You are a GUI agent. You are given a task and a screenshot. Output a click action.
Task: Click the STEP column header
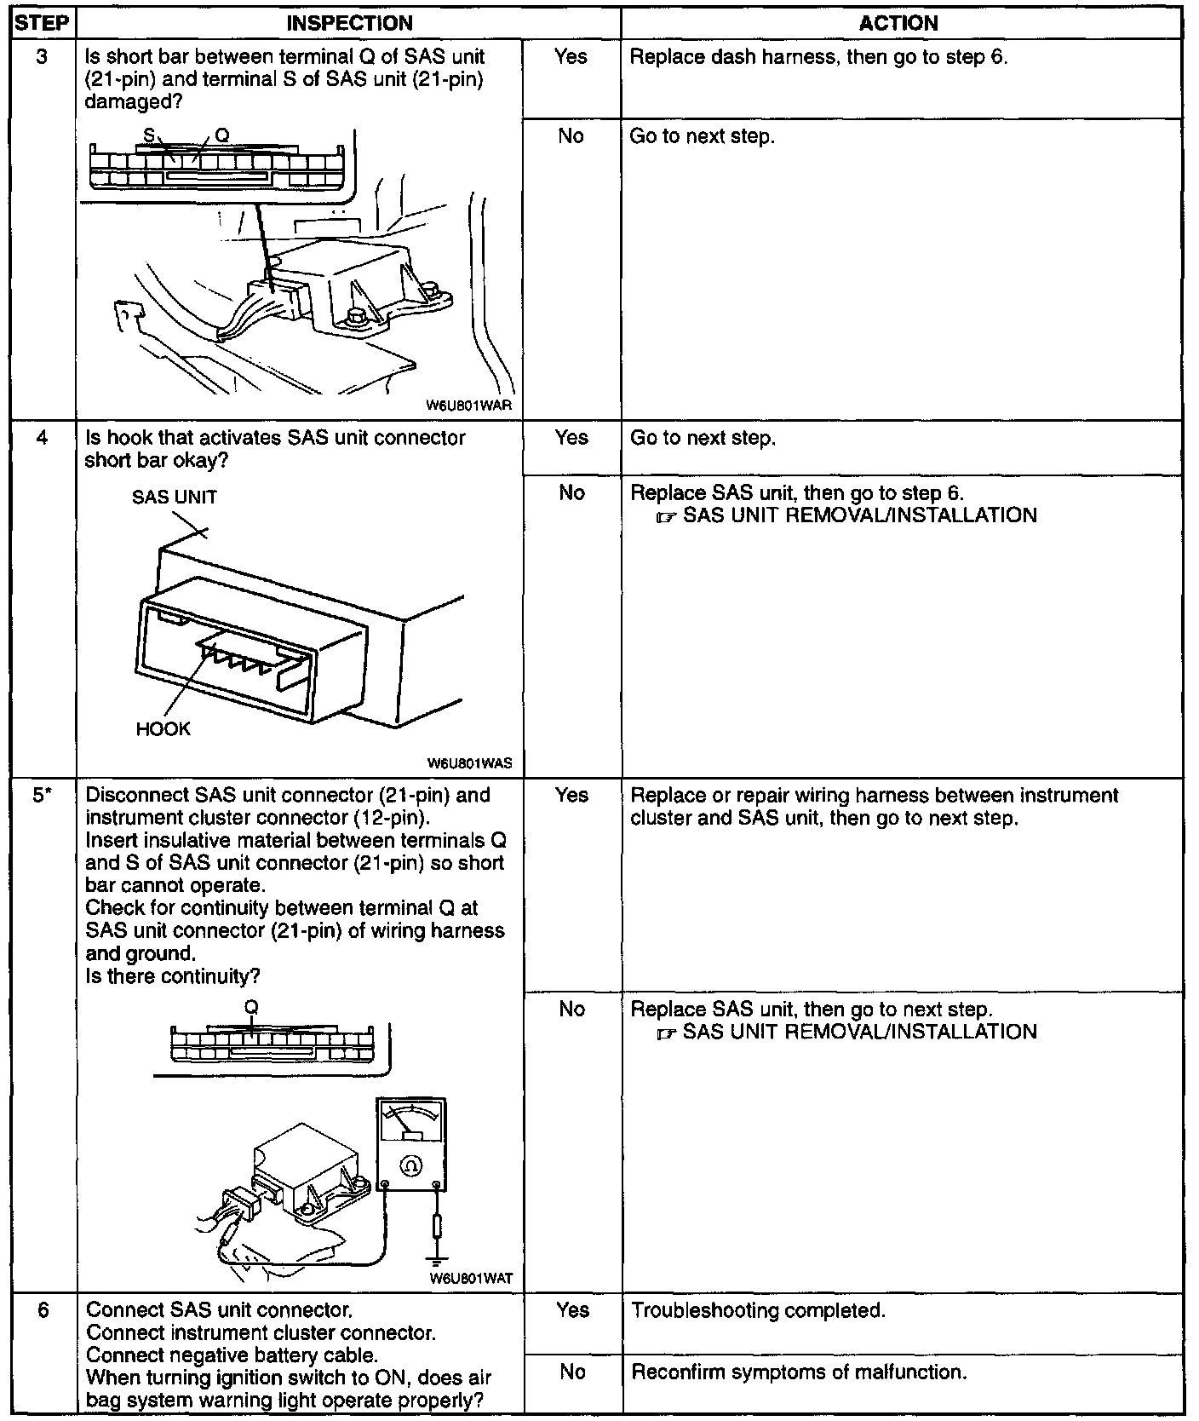tap(41, 24)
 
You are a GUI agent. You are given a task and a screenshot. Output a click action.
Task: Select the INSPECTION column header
tap(349, 24)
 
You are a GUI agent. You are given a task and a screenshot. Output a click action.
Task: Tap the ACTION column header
tap(899, 24)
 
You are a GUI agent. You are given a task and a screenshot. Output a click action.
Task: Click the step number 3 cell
tap(42, 57)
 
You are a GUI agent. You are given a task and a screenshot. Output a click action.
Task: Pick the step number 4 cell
tap(42, 438)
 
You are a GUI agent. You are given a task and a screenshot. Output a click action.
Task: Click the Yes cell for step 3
tap(571, 57)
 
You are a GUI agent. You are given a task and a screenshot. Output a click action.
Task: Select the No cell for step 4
tap(571, 492)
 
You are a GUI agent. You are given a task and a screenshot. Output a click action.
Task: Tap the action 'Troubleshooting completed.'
tap(758, 1310)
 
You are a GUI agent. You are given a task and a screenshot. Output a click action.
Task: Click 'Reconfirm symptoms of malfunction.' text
tap(798, 1372)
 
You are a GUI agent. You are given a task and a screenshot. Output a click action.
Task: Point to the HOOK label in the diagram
tap(163, 729)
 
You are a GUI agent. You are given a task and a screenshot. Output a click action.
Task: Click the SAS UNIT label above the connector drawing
tap(175, 498)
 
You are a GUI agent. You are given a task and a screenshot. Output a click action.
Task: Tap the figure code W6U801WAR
tap(469, 406)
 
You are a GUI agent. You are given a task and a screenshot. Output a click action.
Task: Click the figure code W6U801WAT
tap(471, 1279)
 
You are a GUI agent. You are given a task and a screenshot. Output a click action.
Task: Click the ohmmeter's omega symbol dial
tap(410, 1165)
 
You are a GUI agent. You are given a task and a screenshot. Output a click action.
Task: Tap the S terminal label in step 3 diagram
tap(148, 135)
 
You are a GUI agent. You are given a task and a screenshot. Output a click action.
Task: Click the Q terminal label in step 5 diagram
tap(251, 1008)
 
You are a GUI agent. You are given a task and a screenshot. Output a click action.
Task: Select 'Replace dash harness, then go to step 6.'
tap(818, 57)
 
